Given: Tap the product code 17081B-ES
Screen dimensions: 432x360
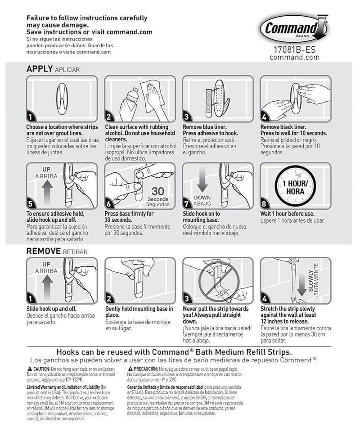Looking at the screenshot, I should click(x=295, y=50).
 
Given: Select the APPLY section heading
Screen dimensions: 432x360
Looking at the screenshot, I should click(x=40, y=69).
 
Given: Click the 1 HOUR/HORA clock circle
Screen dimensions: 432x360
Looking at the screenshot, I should click(x=295, y=185).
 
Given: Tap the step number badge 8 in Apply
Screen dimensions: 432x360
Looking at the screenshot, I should click(x=265, y=203).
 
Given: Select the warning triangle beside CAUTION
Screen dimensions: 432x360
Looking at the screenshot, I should click(x=29, y=368).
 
